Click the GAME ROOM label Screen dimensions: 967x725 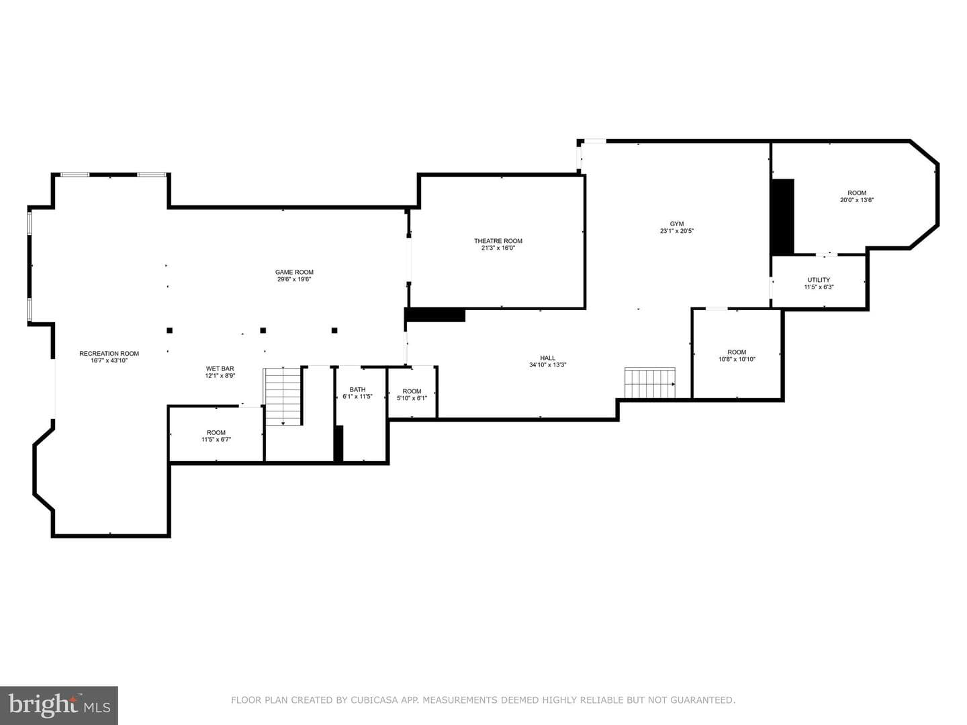click(294, 272)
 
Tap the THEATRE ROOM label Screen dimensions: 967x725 click(498, 241)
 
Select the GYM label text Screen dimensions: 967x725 click(677, 224)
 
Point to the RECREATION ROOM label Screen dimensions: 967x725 click(109, 354)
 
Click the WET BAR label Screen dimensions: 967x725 click(220, 369)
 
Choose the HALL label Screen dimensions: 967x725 click(547, 358)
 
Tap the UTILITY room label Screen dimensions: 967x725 click(819, 279)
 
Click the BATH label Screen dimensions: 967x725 click(358, 389)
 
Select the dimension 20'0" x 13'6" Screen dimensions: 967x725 click(857, 200)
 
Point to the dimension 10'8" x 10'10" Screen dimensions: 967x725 click(737, 359)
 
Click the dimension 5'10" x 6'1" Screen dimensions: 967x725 click(412, 398)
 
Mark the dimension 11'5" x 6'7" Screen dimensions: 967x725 click(216, 439)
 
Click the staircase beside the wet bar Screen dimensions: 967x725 click(283, 397)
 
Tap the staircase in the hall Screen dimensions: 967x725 click(650, 383)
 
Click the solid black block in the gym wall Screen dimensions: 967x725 click(783, 217)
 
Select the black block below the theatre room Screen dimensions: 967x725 click(436, 316)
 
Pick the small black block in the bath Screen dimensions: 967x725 click(338, 443)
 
